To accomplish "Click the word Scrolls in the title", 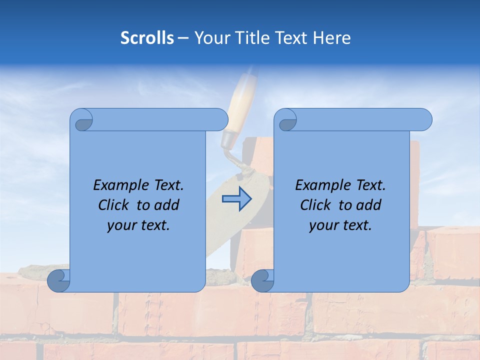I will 147,38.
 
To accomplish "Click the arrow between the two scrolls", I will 236,199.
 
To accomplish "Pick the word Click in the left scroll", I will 115,205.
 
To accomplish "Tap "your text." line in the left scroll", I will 138,225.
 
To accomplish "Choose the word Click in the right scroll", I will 317,205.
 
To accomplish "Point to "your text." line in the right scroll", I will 340,225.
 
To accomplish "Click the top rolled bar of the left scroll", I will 160,119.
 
